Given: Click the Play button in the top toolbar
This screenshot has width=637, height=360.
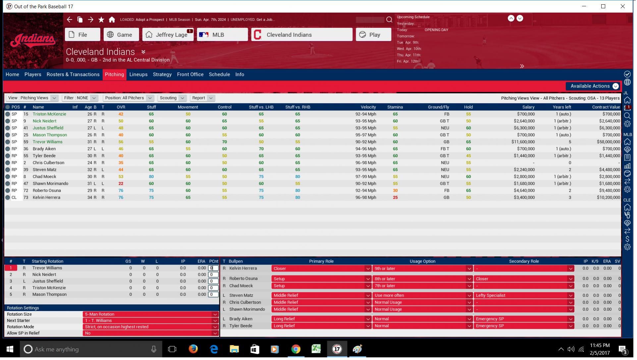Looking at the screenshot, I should (373, 35).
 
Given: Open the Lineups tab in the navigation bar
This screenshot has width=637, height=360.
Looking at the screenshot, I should (138, 75).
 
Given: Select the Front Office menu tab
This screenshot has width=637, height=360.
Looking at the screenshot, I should (190, 75).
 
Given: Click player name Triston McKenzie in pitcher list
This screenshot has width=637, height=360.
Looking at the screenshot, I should (49, 114).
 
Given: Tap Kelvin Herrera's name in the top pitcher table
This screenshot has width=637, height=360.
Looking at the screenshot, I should (46, 198).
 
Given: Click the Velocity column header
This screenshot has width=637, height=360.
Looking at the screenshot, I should (368, 107).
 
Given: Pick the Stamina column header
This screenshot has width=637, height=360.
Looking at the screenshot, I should (395, 107).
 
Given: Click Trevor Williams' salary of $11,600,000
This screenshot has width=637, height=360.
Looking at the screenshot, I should (523, 142).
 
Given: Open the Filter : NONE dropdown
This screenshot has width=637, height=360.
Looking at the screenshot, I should (80, 98).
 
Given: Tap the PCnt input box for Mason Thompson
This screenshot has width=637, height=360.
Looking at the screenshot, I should (213, 295).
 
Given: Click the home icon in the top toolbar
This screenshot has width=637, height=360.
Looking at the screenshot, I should (112, 20).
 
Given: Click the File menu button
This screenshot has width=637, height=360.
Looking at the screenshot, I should (82, 35).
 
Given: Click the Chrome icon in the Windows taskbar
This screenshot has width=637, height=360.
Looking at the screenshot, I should (295, 349).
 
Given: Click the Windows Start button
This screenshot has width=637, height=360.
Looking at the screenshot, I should (10, 349).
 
